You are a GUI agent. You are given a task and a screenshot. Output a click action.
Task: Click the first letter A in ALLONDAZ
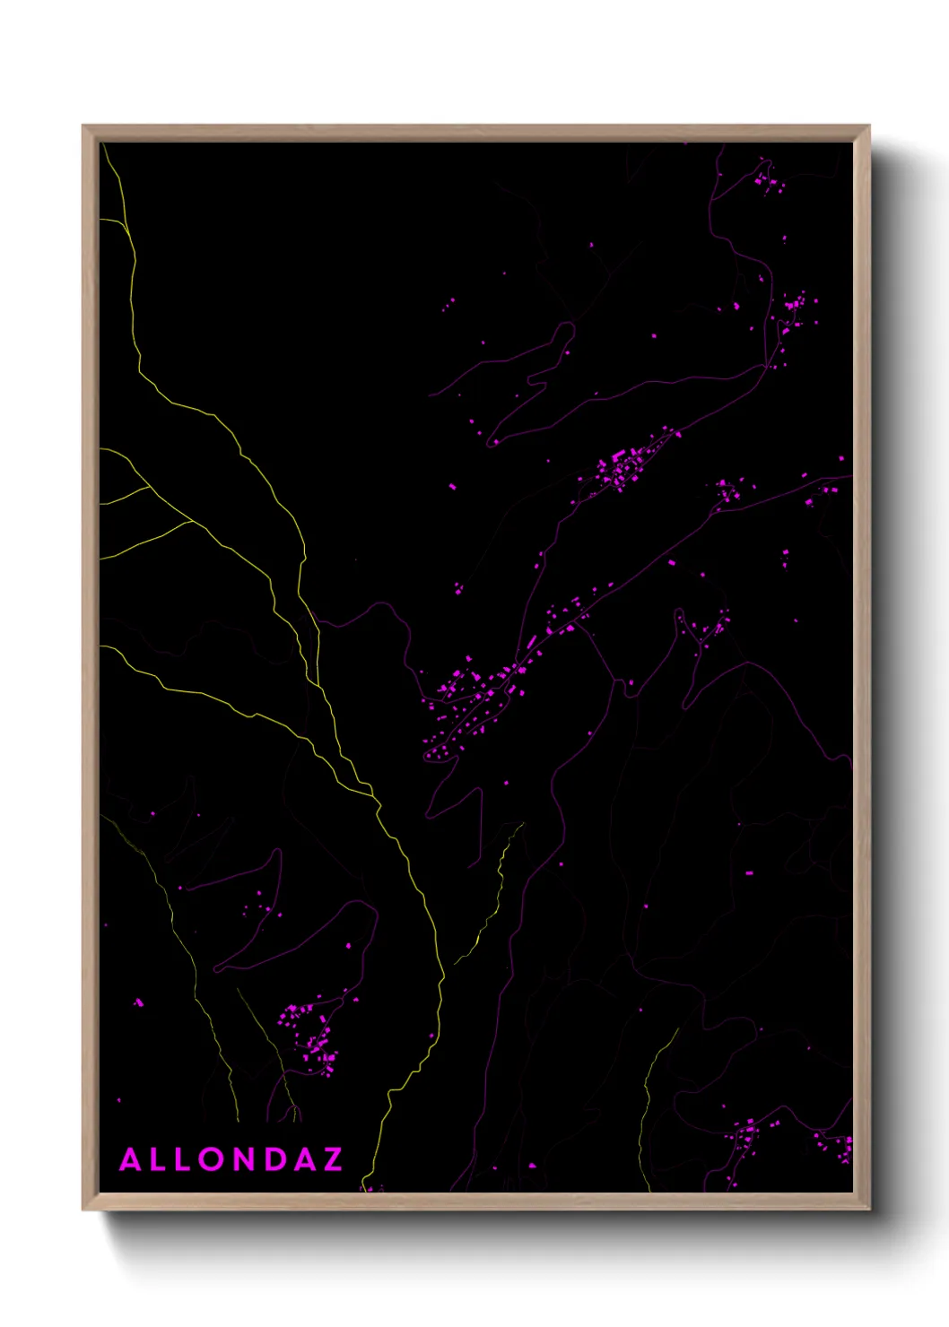click(130, 1159)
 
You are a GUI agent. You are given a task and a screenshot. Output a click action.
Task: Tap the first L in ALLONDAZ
click(158, 1159)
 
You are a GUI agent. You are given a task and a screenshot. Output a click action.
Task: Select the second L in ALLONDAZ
click(184, 1159)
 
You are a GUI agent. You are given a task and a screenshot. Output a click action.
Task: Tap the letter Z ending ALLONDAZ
click(333, 1159)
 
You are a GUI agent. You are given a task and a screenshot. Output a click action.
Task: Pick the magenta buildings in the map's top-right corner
click(768, 179)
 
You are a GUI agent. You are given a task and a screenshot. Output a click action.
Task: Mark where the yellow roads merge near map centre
click(371, 794)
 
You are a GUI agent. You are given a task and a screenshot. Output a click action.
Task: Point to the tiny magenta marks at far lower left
click(138, 1002)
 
